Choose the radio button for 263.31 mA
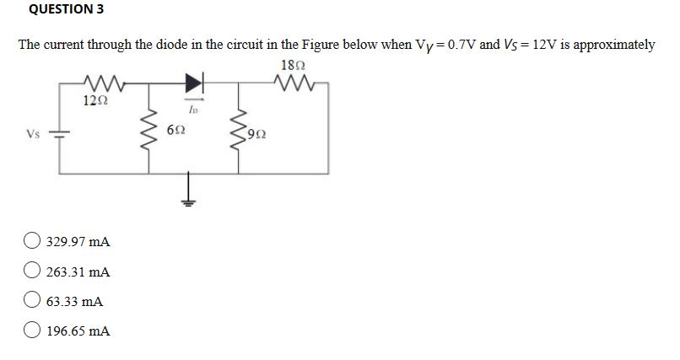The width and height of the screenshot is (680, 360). click(34, 272)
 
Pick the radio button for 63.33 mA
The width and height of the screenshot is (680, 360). click(34, 301)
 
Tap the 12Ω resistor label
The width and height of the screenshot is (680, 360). click(94, 101)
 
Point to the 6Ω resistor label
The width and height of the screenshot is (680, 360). click(176, 132)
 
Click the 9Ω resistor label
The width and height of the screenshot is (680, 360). click(259, 132)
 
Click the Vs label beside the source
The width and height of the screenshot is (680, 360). click(33, 133)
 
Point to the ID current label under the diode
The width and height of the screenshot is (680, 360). click(193, 108)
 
